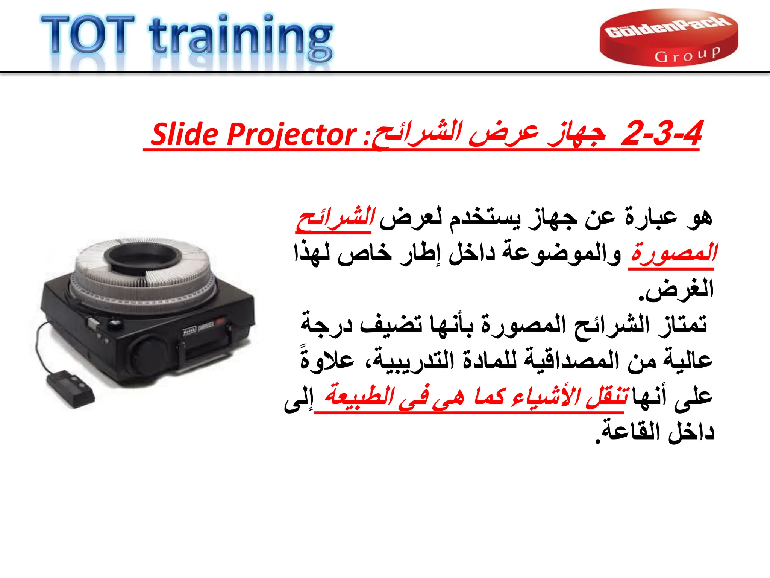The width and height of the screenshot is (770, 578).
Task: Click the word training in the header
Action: pos(241,38)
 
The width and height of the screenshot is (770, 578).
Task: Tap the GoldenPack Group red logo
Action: pos(668,38)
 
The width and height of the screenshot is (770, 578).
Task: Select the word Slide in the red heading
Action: pos(185,134)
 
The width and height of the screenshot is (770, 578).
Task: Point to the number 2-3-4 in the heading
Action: pos(662,133)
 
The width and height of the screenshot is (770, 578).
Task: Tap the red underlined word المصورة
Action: pos(673,253)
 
